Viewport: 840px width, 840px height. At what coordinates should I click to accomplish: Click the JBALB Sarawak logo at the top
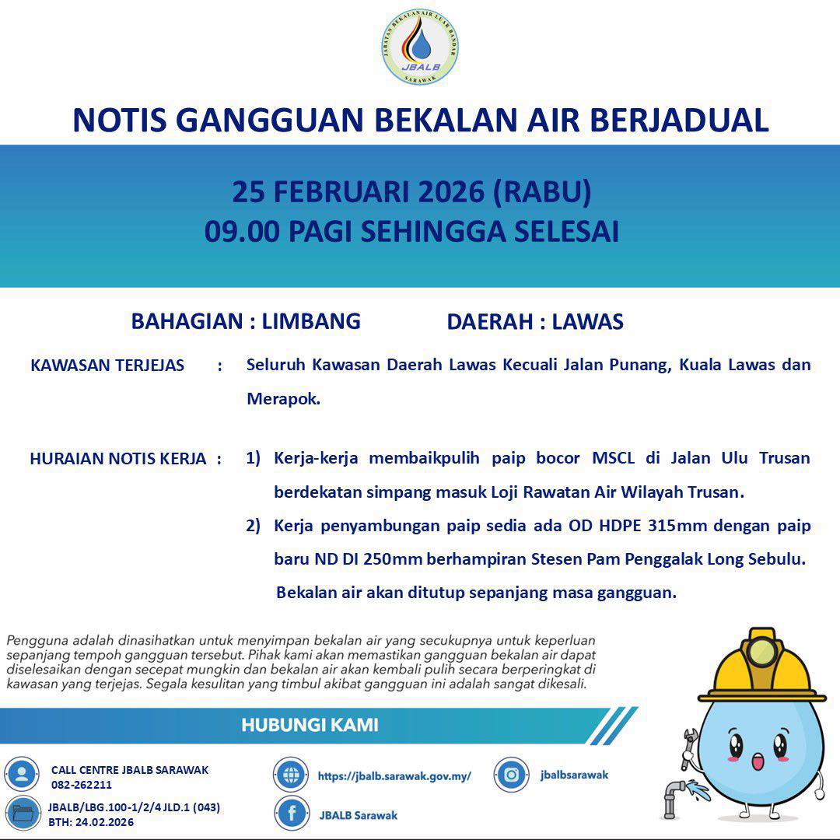[420, 47]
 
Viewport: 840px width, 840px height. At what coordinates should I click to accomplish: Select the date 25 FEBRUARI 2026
[359, 192]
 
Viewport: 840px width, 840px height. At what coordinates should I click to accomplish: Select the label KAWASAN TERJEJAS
[107, 366]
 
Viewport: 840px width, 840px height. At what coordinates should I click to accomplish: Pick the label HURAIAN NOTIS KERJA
[118, 459]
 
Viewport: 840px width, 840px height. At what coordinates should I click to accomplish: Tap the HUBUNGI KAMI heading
[310, 725]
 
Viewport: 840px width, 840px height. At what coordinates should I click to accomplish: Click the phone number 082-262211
[82, 785]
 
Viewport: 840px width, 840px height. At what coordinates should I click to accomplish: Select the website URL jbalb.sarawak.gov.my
[394, 775]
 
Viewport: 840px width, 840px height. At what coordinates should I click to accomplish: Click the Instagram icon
[512, 775]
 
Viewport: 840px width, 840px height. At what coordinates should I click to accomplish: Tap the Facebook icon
[292, 814]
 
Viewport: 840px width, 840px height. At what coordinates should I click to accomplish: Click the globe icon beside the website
[292, 775]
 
